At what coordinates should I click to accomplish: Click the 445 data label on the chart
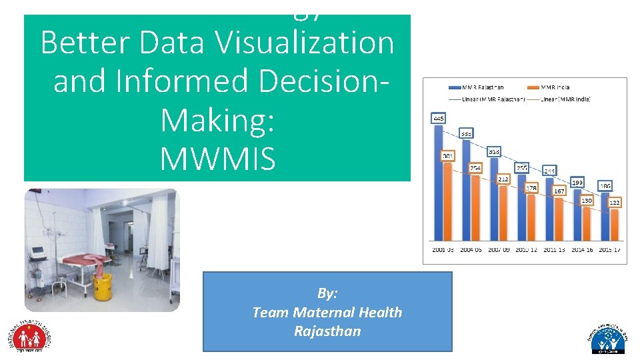439,119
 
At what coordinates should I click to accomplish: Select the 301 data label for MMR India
449,157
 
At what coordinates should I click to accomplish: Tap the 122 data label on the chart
615,202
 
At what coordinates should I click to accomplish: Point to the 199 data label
578,182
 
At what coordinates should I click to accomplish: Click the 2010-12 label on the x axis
526,250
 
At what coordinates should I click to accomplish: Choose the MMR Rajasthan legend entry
477,87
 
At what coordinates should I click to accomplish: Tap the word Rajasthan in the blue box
327,331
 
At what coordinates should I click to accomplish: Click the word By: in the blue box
327,293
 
